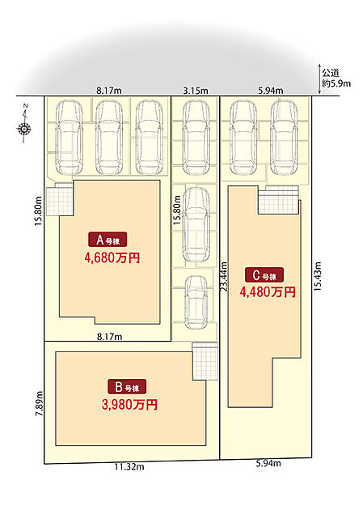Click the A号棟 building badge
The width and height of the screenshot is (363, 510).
(x=108, y=240)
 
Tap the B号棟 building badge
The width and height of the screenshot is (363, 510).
(x=127, y=387)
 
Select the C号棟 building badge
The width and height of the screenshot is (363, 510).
(x=264, y=275)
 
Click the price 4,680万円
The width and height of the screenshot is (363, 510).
(x=112, y=257)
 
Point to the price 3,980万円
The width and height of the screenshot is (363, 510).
(x=129, y=405)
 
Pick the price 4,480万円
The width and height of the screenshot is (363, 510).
(x=268, y=291)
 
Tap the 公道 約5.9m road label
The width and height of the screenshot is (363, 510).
(x=336, y=79)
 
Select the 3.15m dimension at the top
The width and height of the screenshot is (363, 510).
(x=196, y=91)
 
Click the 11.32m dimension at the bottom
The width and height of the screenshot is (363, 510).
(x=129, y=467)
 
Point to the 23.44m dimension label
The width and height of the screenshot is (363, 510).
(x=224, y=277)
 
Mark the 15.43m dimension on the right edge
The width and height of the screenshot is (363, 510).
(x=317, y=276)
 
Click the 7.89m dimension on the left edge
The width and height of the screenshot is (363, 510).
(x=40, y=403)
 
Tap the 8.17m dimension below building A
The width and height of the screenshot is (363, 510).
(x=110, y=336)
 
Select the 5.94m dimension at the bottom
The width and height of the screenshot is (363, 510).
(x=268, y=463)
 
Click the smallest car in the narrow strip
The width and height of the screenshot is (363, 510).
(x=196, y=303)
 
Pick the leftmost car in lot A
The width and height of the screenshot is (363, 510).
(x=69, y=138)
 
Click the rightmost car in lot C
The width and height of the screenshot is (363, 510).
(x=284, y=138)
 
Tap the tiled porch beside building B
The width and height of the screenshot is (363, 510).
(x=205, y=361)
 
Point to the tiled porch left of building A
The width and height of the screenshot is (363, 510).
(x=59, y=201)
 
